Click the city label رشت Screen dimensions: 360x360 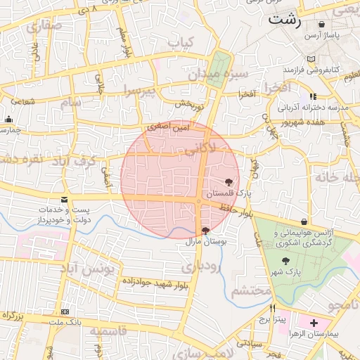tap(285, 20)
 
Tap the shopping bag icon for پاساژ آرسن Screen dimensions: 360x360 tap(321, 25)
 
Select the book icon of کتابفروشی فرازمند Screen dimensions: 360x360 tap(311, 59)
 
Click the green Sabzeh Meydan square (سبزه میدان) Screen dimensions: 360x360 tap(221, 67)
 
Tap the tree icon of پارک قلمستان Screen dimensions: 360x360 tap(229, 182)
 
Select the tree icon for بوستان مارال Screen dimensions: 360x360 tap(205, 231)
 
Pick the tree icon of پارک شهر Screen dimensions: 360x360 tap(285, 261)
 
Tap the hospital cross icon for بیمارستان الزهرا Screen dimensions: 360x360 tap(314, 323)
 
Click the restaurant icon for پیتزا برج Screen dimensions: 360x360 tap(273, 309)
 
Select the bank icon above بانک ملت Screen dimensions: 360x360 tap(65, 311)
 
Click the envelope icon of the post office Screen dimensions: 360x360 tap(65, 200)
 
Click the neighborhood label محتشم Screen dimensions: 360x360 tap(250, 290)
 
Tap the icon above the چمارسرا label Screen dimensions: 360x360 tap(8, 120)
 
